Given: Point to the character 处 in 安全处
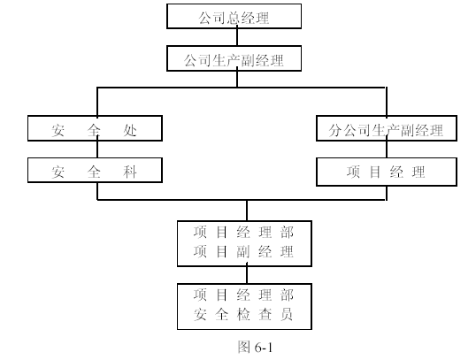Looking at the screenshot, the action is click(x=130, y=131).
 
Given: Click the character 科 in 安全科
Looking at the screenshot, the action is click(x=130, y=172).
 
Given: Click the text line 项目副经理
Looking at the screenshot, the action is click(x=243, y=251).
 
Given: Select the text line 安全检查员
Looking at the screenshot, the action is click(x=243, y=314).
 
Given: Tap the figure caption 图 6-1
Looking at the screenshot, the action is click(x=255, y=347).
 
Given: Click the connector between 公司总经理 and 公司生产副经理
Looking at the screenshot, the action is click(x=237, y=37).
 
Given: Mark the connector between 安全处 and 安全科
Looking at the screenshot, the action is click(x=97, y=149).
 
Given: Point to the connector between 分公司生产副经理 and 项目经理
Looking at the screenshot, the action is click(x=387, y=149).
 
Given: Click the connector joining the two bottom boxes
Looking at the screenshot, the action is click(x=247, y=275).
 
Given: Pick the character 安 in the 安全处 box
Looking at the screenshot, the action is click(x=58, y=131).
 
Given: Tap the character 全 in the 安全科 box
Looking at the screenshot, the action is click(x=94, y=172).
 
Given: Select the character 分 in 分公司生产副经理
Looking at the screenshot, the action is click(x=335, y=130).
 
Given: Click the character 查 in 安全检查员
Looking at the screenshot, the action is click(x=265, y=314).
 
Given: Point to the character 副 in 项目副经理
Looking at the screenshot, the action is click(x=243, y=251).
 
